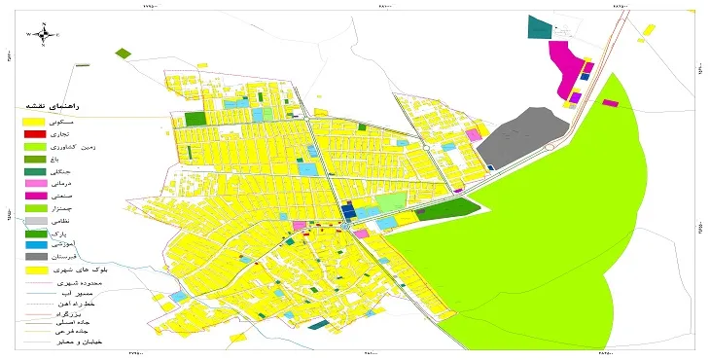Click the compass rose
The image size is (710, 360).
(x=44, y=34)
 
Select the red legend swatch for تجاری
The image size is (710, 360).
(x=35, y=133)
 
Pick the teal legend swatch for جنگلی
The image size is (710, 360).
(x=35, y=170)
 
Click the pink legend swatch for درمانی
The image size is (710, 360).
(x=35, y=183)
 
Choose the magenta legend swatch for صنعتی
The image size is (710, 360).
(x=35, y=196)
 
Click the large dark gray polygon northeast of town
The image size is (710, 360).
(x=520, y=136)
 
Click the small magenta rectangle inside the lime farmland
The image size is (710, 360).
(x=610, y=102)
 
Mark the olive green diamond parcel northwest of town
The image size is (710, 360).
(x=123, y=53)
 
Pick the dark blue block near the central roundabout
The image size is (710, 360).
(x=348, y=212)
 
